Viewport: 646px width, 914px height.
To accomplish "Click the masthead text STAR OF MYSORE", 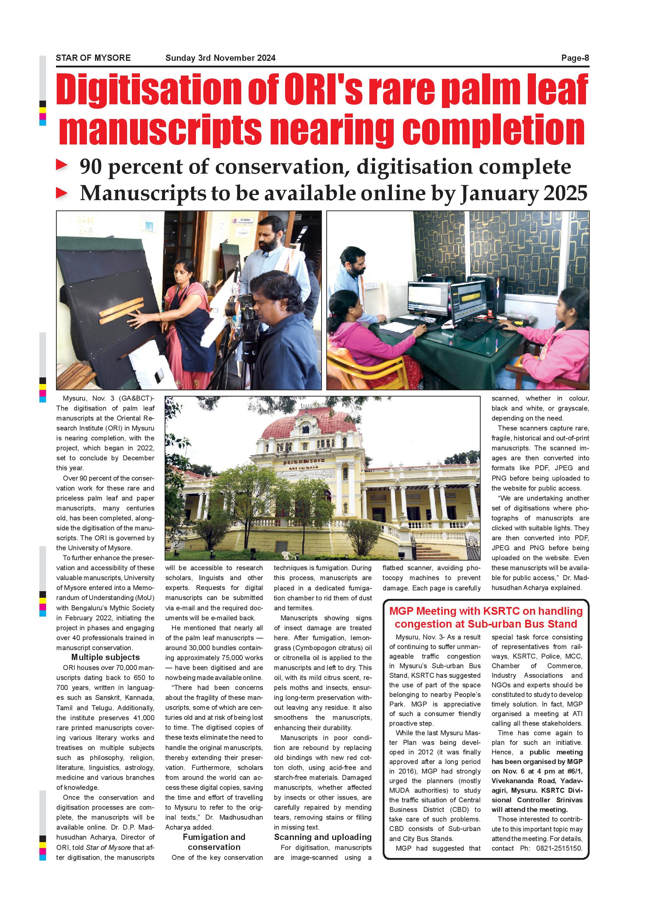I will click(x=93, y=58).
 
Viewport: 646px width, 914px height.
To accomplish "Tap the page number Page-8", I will click(x=575, y=58).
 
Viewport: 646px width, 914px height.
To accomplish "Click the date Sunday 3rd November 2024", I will click(x=220, y=58).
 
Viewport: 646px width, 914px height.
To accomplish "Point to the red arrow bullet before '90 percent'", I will click(x=62, y=165).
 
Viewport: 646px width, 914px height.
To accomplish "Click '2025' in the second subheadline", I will click(x=565, y=193).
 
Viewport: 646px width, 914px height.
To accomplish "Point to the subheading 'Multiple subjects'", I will click(x=105, y=657).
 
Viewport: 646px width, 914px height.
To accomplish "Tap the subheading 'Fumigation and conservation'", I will click(x=214, y=842).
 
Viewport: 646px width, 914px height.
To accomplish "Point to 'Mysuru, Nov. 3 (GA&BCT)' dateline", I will click(x=108, y=398).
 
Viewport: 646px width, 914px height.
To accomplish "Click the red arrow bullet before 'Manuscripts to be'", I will click(x=62, y=193).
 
